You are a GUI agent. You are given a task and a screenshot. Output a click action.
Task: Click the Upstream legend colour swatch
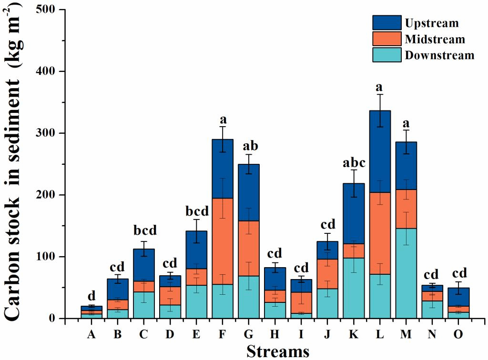tap(387, 22)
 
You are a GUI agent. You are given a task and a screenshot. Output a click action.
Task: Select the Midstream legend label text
tap(435, 39)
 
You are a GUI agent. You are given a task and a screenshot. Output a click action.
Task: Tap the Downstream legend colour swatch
tap(387, 54)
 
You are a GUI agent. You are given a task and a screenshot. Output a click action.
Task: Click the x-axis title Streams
tap(277, 351)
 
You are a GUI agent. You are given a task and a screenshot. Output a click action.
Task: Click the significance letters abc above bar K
tap(354, 163)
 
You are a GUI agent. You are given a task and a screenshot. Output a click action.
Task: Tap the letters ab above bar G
tap(249, 145)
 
